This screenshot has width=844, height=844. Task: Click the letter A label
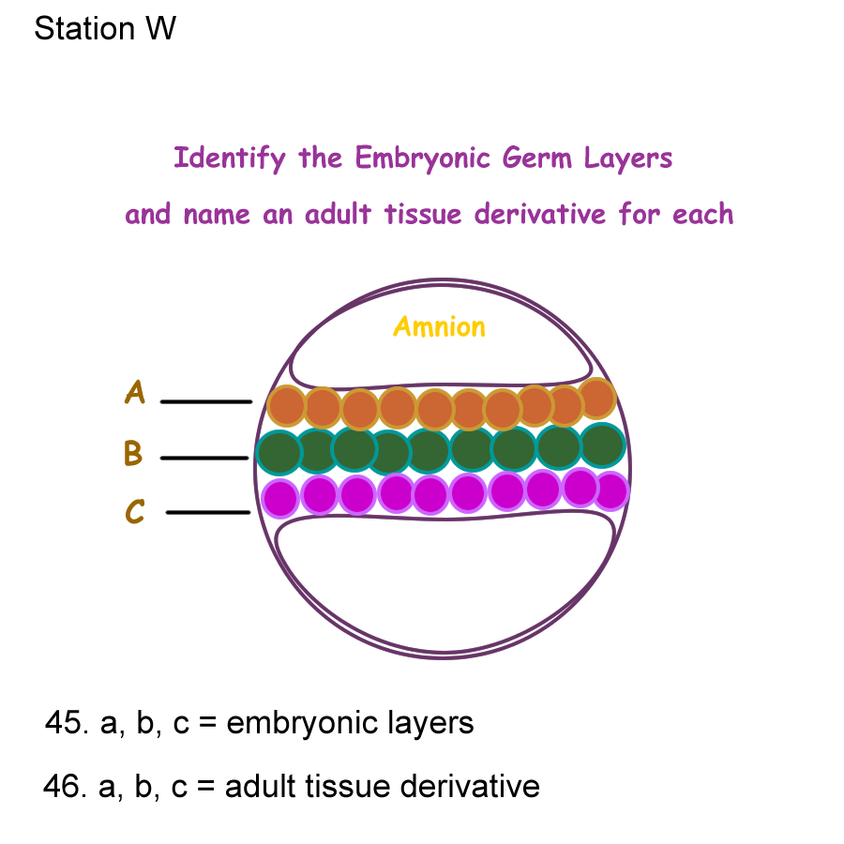(x=135, y=392)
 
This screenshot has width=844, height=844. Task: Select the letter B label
(x=133, y=454)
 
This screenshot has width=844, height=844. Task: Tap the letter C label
(x=135, y=512)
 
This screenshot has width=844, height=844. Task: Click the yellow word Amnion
(x=439, y=327)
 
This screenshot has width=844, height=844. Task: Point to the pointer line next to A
(x=206, y=401)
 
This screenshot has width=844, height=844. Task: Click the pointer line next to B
(x=204, y=458)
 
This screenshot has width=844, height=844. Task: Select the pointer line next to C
(x=208, y=513)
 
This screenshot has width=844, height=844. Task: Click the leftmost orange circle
(x=287, y=407)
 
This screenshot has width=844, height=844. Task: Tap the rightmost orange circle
(x=597, y=399)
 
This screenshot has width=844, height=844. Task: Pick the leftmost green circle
(x=279, y=453)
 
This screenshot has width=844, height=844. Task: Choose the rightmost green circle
(x=602, y=445)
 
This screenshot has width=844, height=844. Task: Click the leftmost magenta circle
(x=280, y=498)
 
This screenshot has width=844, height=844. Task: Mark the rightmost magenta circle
(x=610, y=490)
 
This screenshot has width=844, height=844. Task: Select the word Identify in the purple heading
(x=229, y=158)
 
